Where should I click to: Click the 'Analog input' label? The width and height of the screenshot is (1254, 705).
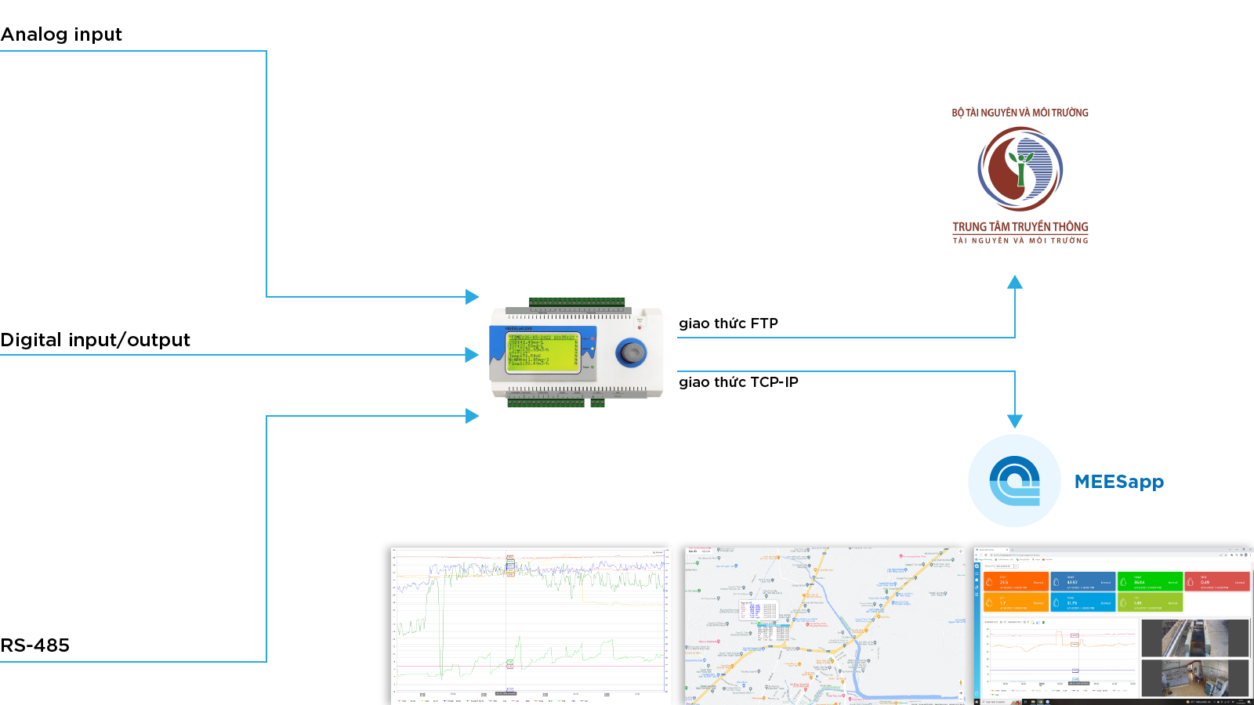(61, 34)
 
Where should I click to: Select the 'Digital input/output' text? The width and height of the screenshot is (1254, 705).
(95, 340)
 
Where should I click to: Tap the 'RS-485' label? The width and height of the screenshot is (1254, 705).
(35, 645)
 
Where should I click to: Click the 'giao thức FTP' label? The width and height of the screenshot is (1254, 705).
(728, 324)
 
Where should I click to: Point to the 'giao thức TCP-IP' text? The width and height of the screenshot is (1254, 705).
(738, 382)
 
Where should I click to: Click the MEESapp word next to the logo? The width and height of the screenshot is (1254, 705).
(1118, 482)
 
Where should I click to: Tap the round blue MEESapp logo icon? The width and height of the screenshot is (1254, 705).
(1014, 481)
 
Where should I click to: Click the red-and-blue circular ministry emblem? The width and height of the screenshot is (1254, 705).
(1020, 168)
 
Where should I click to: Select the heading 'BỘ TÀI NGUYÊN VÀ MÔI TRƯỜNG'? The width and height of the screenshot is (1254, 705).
(1020, 113)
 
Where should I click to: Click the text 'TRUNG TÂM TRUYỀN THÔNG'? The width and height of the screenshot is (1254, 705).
(1020, 227)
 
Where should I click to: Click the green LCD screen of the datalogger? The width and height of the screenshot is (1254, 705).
(542, 350)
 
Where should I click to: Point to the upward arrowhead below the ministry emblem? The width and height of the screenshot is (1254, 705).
(1015, 282)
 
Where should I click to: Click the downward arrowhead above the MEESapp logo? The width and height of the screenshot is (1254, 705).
(1015, 421)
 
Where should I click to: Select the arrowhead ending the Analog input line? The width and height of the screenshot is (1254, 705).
(473, 297)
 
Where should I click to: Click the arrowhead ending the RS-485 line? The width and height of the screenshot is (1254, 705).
(473, 416)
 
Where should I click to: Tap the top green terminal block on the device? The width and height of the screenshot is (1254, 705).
(577, 302)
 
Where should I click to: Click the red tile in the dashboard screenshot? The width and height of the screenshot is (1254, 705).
(1216, 581)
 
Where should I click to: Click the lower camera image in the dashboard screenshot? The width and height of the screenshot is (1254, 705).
(1194, 677)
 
